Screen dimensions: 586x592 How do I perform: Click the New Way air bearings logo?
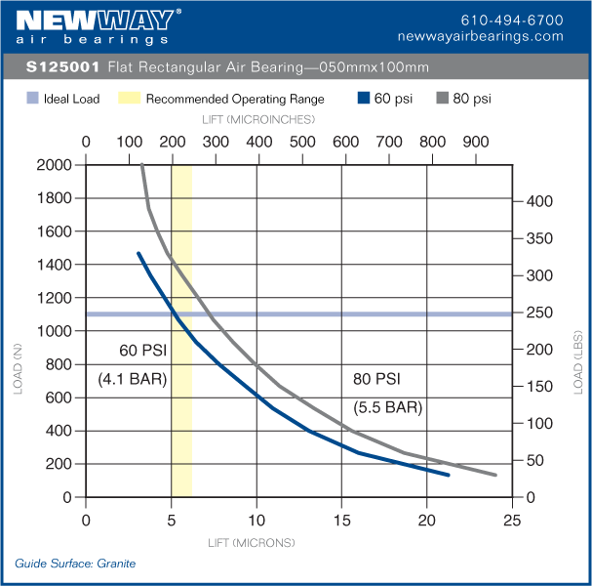point(99,26)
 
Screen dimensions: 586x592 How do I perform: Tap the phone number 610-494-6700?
point(511,20)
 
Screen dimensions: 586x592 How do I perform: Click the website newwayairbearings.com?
point(481,36)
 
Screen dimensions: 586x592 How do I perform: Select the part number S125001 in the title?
point(62,68)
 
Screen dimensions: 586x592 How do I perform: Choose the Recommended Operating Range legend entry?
point(235,99)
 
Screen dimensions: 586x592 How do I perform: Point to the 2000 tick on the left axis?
point(53,165)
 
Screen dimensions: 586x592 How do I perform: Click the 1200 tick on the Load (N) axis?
point(53,298)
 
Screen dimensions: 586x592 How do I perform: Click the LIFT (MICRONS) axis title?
point(252,542)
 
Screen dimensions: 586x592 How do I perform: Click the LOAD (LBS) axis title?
point(578,360)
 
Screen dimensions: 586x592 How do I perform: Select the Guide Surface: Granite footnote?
point(75,564)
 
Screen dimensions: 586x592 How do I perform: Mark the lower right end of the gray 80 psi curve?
point(495,476)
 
